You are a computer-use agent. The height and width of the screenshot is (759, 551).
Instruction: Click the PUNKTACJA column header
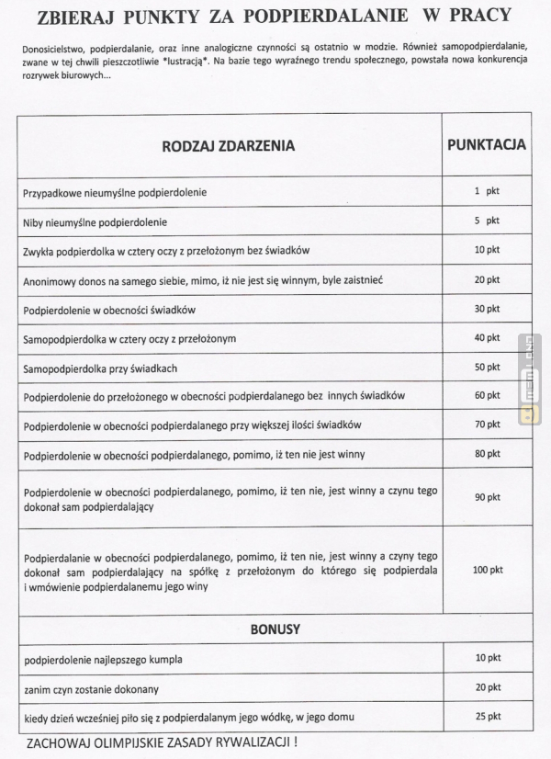486,144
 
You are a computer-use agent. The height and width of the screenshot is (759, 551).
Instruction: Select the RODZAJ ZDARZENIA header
230,145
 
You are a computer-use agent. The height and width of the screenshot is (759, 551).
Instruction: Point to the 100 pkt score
487,571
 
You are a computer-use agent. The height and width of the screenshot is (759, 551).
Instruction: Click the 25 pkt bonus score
487,716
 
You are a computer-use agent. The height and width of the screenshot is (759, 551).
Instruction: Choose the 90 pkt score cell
487,497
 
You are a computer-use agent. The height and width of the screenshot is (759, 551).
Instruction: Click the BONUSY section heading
275,630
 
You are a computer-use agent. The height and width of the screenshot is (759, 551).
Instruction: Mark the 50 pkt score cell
487,367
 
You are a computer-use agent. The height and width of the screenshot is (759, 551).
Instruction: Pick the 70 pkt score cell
487,425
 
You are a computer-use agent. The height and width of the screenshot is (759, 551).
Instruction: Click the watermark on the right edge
530,377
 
